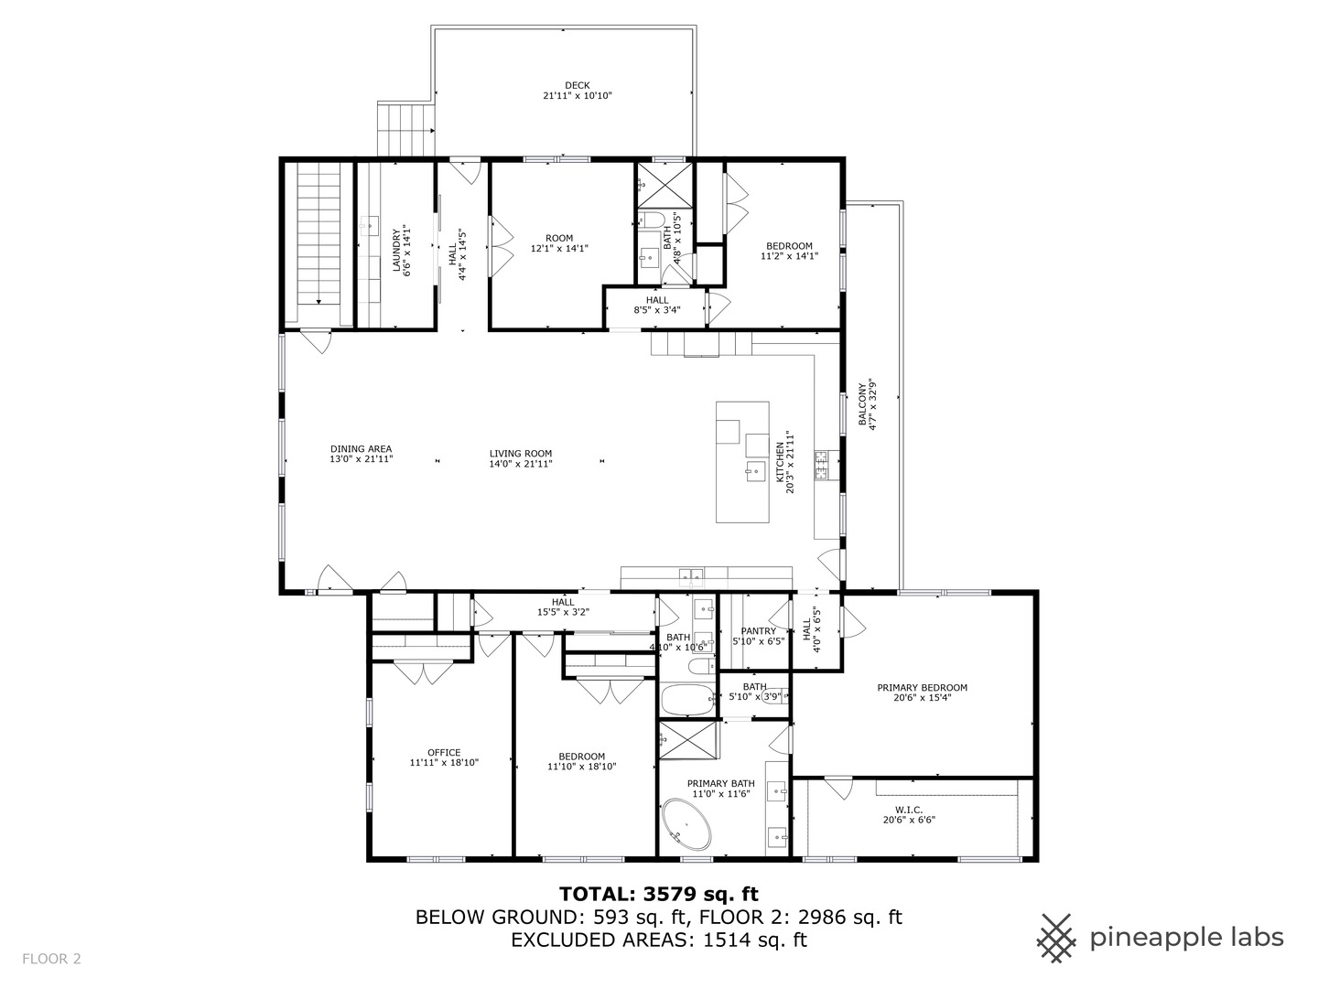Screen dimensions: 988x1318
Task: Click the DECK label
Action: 577,85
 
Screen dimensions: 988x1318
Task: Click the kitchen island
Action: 742,462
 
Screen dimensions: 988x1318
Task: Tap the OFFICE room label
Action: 444,753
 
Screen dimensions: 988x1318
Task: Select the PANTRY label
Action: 759,631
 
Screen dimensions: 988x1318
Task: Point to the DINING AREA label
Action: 361,449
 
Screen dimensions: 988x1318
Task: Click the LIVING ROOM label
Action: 520,454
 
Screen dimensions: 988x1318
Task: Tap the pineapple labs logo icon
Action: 1056,938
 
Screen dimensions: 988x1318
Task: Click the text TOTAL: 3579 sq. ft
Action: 659,894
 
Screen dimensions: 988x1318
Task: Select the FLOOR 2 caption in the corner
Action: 52,959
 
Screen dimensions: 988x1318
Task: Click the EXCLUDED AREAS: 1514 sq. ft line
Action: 659,940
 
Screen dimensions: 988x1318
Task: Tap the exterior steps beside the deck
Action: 405,130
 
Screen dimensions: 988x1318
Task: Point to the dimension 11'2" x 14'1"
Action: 789,257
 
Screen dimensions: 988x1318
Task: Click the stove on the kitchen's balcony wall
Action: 822,466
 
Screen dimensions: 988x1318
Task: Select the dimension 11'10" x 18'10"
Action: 582,767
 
